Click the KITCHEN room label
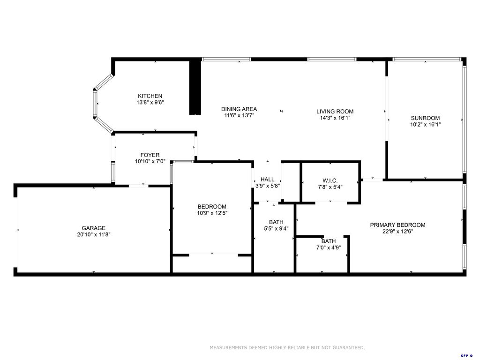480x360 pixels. click(x=150, y=96)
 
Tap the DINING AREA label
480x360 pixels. click(x=239, y=109)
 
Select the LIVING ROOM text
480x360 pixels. click(x=335, y=112)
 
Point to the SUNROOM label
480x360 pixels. click(x=425, y=118)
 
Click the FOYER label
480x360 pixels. click(x=150, y=155)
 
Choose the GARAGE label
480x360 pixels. click(x=94, y=228)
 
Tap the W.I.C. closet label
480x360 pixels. click(x=330, y=181)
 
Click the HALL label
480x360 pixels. click(x=267, y=179)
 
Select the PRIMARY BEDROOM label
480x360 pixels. click(x=397, y=225)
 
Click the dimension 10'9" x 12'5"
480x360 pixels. click(x=212, y=213)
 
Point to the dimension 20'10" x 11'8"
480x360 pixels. click(x=94, y=234)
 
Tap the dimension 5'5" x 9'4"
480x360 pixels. click(x=276, y=229)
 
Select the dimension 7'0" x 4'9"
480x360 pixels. click(x=328, y=247)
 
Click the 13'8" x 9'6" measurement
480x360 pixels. click(x=150, y=102)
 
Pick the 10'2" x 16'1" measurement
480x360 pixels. click(x=425, y=124)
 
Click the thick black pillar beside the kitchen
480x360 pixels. click(x=195, y=87)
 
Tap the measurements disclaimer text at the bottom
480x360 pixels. click(x=287, y=348)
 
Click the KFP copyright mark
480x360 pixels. click(x=466, y=356)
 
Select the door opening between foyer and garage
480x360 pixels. click(x=138, y=186)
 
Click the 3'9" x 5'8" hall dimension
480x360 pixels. click(x=267, y=185)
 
